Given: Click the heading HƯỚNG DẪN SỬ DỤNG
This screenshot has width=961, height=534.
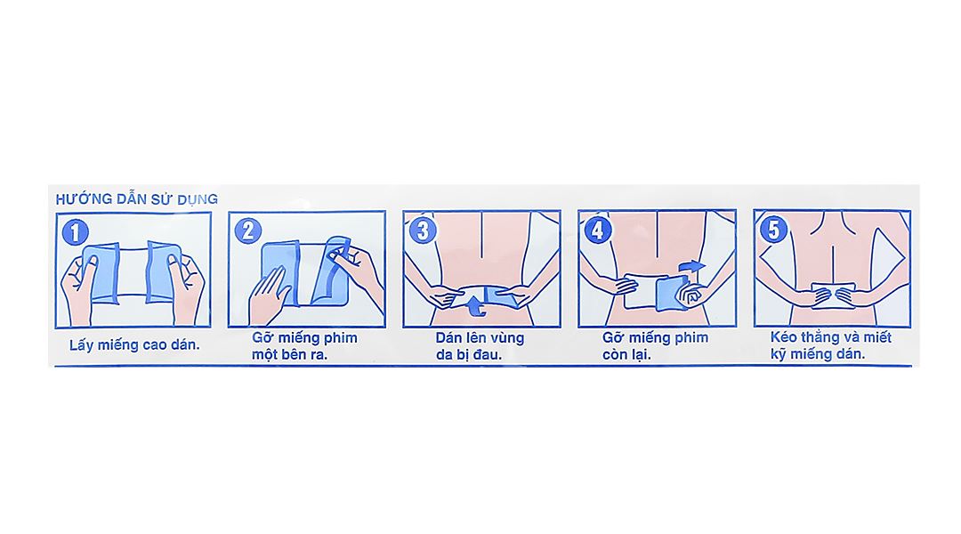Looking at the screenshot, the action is pyautogui.click(x=137, y=199).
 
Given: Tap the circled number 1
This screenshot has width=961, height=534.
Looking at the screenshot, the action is pyautogui.click(x=75, y=232).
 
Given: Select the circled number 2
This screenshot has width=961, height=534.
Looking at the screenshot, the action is pyautogui.click(x=248, y=231).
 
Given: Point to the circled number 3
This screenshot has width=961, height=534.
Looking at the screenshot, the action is pyautogui.click(x=423, y=231).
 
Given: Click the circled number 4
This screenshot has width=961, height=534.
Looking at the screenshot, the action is pyautogui.click(x=598, y=231).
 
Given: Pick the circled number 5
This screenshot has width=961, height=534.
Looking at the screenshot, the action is pyautogui.click(x=773, y=230).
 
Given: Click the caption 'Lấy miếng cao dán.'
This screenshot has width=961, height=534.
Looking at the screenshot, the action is pyautogui.click(x=135, y=345).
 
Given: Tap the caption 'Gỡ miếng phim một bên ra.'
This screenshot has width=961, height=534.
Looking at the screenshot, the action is pyautogui.click(x=304, y=346).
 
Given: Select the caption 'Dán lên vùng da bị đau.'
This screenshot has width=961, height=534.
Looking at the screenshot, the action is pyautogui.click(x=480, y=346).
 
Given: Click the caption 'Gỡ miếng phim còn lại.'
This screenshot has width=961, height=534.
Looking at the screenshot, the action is pyautogui.click(x=655, y=346).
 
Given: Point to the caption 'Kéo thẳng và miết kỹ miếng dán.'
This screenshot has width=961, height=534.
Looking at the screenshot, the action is pyautogui.click(x=830, y=346).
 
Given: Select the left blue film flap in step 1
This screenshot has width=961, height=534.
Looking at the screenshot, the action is pyautogui.click(x=101, y=272).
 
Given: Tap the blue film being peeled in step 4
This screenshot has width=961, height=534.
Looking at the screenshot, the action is pyautogui.click(x=672, y=293).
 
